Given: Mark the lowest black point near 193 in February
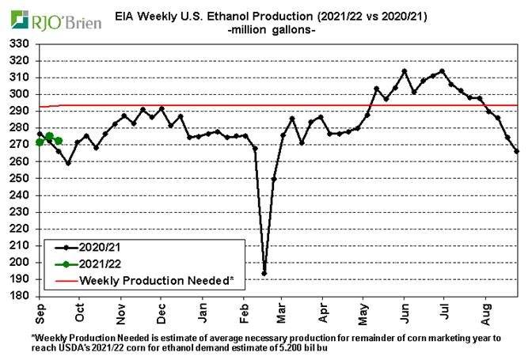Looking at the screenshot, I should pos(264,274).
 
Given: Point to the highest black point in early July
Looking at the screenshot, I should pos(442,70).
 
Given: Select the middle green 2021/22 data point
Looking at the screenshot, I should pos(49,136).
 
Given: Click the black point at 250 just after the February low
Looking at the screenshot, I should pos(274,179).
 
